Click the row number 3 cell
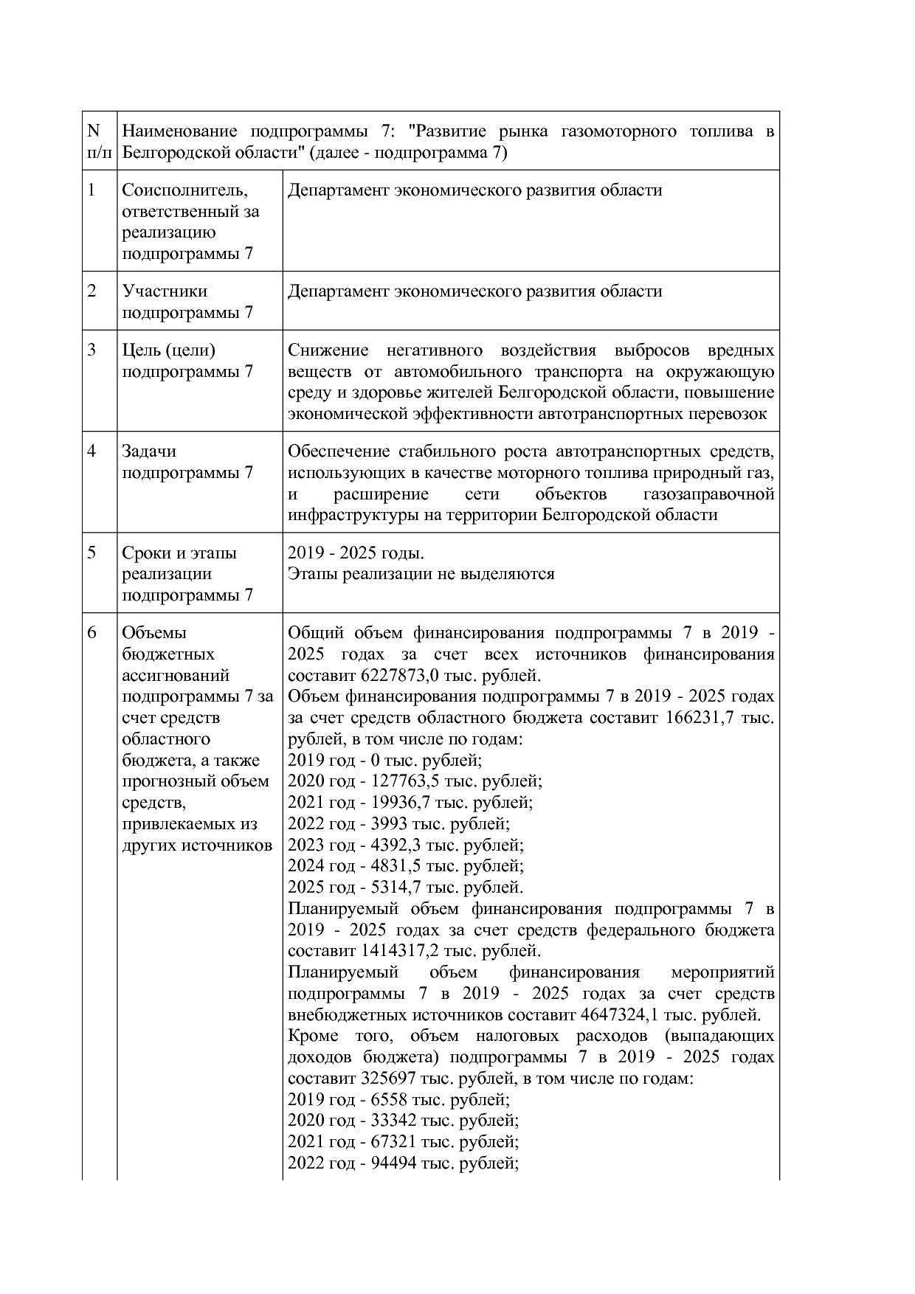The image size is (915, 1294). pos(92,350)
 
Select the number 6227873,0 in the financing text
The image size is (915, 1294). pos(401,676)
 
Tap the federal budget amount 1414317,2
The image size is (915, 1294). pos(401,951)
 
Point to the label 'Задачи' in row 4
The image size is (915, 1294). pos(149,451)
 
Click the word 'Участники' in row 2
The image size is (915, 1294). pos(165,291)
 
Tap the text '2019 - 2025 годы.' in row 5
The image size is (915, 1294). pos(356,553)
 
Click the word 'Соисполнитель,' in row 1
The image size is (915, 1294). pos(185,190)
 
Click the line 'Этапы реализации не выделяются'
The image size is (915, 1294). pos(421,574)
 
